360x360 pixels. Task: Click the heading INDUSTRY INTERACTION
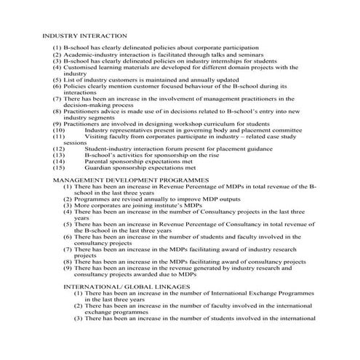(84, 35)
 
